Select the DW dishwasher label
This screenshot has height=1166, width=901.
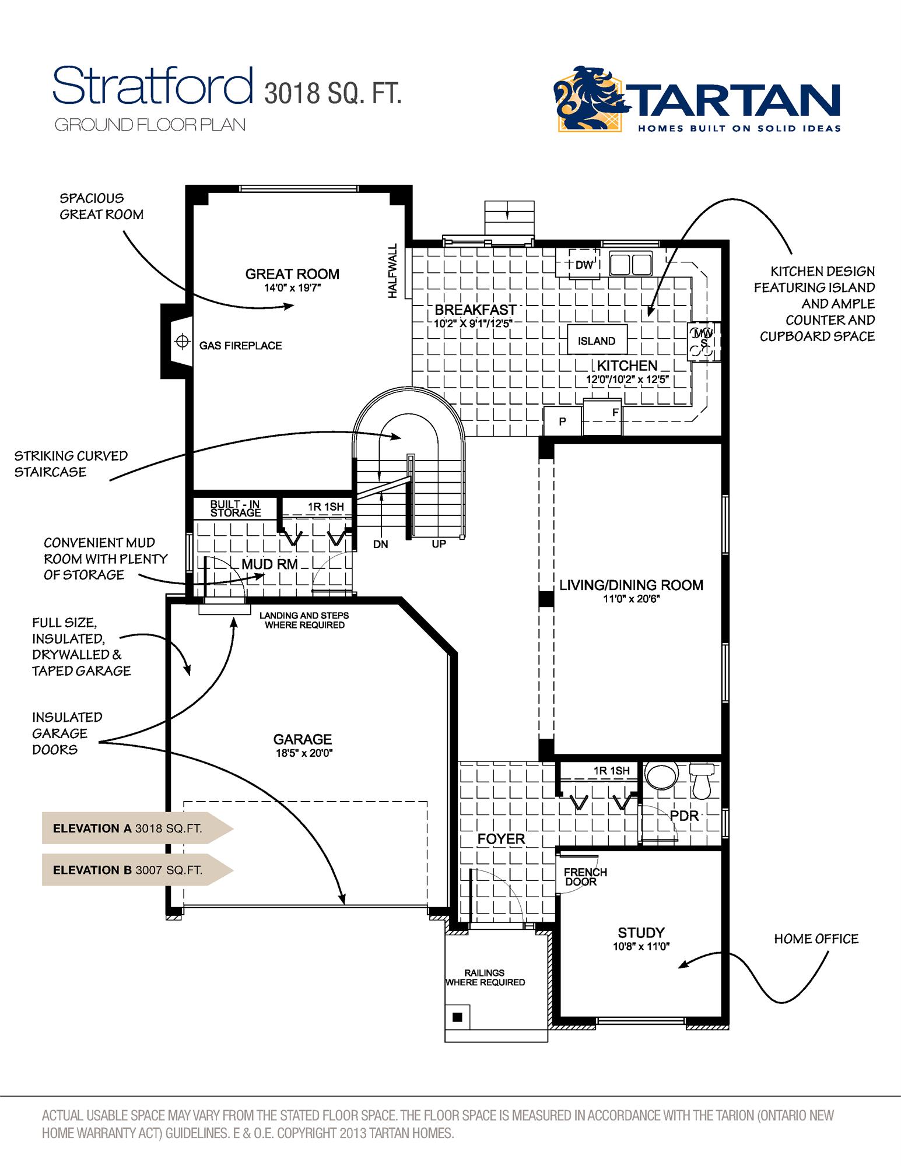(x=584, y=265)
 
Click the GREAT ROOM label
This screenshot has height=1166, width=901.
(x=292, y=274)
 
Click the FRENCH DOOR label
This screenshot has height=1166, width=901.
(x=585, y=877)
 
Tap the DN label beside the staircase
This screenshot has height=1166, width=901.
(x=380, y=544)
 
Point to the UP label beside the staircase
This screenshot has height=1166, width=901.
(x=439, y=544)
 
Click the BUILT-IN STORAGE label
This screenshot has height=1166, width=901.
(x=235, y=508)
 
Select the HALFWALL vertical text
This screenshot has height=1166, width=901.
(x=392, y=271)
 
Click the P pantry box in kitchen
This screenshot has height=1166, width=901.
(x=562, y=422)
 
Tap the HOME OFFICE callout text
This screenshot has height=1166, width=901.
(x=816, y=939)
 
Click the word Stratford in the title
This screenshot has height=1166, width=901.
(x=153, y=86)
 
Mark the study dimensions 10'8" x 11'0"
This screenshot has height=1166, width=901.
(x=641, y=947)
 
